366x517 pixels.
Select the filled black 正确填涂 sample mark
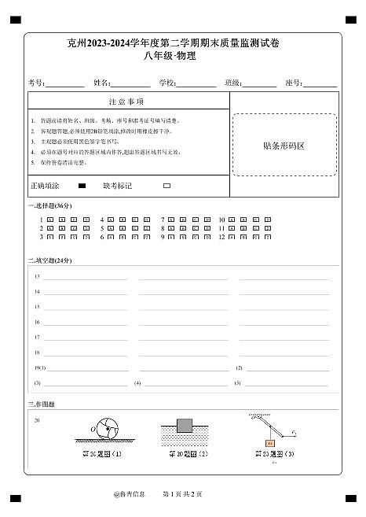pos(82,186)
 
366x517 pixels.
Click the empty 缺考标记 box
pos(167,186)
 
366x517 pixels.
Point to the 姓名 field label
pos(102,83)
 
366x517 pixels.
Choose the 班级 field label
pos(232,83)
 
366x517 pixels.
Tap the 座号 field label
pos(294,83)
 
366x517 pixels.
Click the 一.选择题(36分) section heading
pos(49,206)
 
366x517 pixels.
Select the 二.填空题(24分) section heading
pos(49,260)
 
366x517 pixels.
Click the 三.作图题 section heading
pos(42,404)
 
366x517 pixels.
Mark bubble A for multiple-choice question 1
pos(50,220)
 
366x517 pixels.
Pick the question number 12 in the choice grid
pos(221,236)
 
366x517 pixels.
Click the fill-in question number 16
pos(37,322)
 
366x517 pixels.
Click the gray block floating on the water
pos(185,426)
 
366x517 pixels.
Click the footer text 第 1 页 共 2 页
pos(182,494)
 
